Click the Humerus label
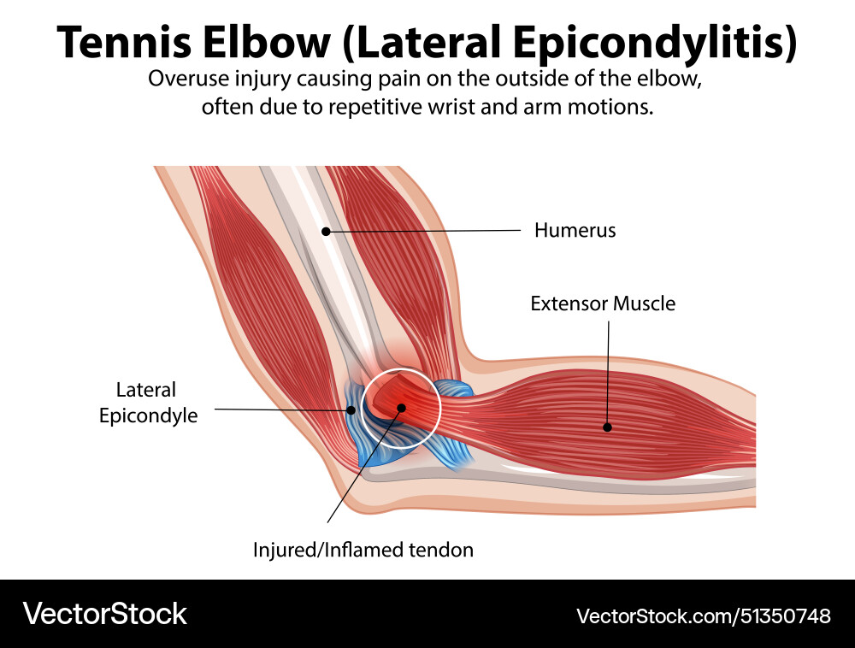575,230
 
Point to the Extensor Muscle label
602,303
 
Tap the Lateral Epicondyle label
146,403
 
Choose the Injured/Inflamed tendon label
363,550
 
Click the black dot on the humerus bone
326,232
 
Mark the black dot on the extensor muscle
608,427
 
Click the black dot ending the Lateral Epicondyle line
351,410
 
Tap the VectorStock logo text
104,613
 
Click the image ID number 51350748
783,616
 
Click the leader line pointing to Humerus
427,231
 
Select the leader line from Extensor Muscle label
608,368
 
